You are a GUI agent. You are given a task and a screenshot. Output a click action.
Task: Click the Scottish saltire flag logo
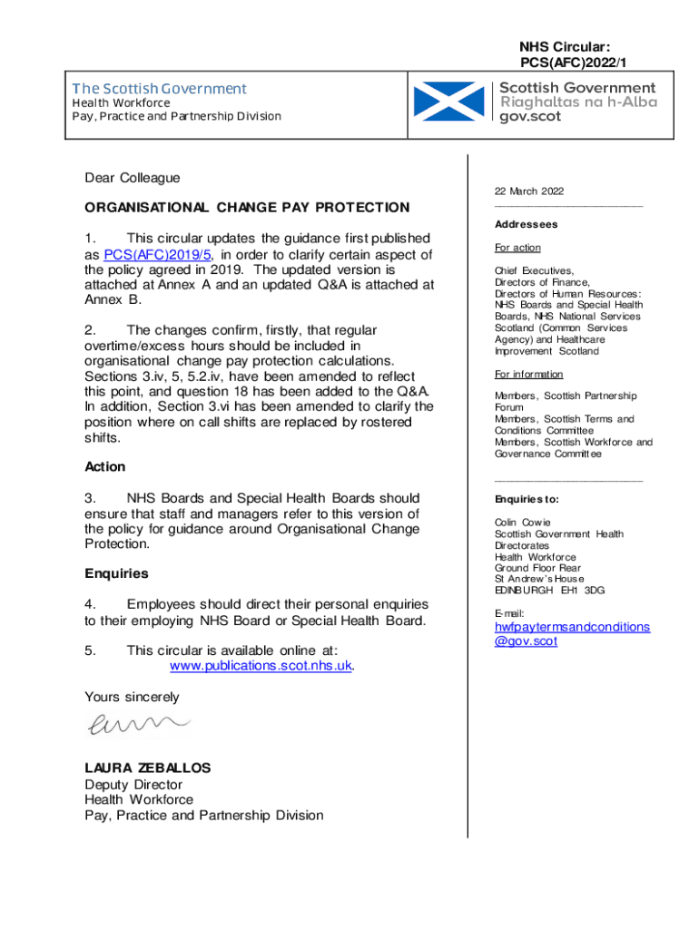448,102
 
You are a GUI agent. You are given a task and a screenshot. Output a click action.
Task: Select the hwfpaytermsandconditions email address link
572,633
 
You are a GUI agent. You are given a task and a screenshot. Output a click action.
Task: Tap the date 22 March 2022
529,191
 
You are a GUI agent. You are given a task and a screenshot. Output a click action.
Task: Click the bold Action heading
105,466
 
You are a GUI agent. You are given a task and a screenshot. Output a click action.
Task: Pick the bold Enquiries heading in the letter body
116,573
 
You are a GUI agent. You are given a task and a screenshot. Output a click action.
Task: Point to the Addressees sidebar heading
526,224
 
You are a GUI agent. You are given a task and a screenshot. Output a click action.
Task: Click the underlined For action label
517,248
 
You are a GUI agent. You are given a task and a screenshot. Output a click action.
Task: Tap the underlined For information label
528,374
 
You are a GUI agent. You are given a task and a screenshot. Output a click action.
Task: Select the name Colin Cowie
523,523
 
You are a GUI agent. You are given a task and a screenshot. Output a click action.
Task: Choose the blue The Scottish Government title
159,89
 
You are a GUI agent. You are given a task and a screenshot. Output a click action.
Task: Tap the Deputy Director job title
133,784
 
